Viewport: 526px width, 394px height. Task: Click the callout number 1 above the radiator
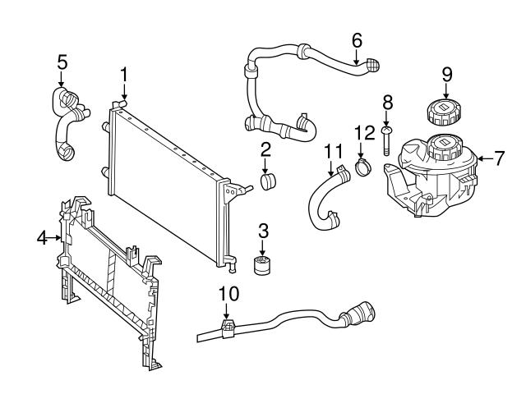point(123,75)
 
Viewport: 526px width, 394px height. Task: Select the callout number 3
point(263,230)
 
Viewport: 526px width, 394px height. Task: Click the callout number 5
point(62,62)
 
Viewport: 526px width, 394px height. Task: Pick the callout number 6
point(357,39)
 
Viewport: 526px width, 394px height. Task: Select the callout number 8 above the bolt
point(388,102)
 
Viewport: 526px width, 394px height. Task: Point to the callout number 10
point(228,292)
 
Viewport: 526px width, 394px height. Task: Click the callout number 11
point(331,151)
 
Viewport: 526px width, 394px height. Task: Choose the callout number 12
point(363,131)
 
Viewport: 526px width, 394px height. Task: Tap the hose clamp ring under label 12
point(362,168)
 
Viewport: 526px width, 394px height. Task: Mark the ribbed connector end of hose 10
point(362,315)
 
